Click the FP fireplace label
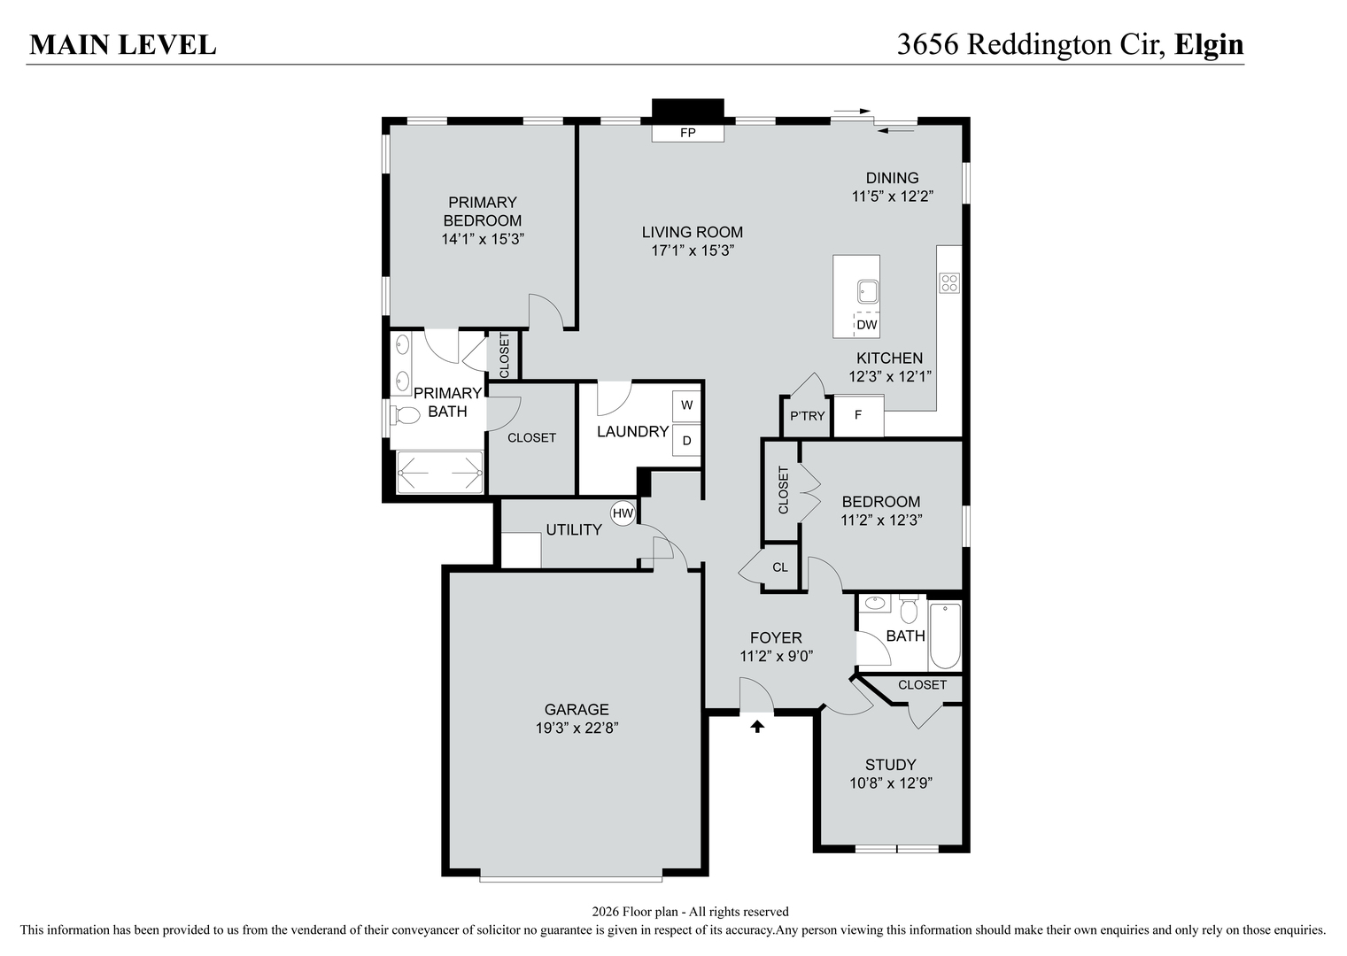click(688, 134)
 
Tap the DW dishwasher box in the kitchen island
click(867, 325)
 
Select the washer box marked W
click(686, 406)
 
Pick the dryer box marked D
click(686, 440)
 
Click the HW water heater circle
click(623, 513)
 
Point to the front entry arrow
click(757, 727)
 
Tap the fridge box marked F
click(858, 414)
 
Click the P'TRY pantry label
click(807, 416)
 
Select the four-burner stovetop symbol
click(948, 283)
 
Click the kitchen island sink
click(867, 290)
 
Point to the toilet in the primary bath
click(406, 414)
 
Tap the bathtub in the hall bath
click(945, 635)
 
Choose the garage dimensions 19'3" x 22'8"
click(577, 729)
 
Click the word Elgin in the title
click(1209, 44)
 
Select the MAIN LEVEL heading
click(123, 45)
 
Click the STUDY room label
click(891, 765)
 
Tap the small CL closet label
click(780, 567)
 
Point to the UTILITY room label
click(574, 529)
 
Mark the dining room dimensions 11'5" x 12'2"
click(893, 197)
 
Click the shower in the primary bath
click(439, 473)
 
